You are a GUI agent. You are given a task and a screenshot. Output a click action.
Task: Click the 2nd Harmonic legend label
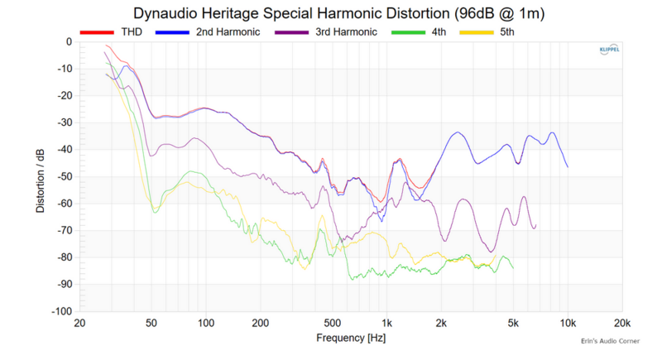click(x=228, y=32)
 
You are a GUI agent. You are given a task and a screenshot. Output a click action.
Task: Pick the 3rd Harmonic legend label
click(x=346, y=32)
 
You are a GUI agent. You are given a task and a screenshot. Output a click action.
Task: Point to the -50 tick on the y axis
click(x=63, y=176)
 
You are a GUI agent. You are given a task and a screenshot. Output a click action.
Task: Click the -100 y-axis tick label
click(x=60, y=311)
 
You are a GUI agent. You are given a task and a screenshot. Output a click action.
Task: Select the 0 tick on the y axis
click(x=69, y=41)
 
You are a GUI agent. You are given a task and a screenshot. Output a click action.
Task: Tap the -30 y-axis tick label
click(x=63, y=122)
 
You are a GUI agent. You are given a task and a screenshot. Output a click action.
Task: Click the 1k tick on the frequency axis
click(x=386, y=323)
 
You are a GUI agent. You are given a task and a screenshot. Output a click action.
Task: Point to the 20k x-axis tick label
click(x=622, y=323)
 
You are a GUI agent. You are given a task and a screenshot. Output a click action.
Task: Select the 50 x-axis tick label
click(x=151, y=323)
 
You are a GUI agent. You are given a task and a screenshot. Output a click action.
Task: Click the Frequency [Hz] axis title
click(x=351, y=338)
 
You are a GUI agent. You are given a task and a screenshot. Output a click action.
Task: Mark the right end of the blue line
click(x=568, y=167)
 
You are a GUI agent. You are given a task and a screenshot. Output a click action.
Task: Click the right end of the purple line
click(x=535, y=224)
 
